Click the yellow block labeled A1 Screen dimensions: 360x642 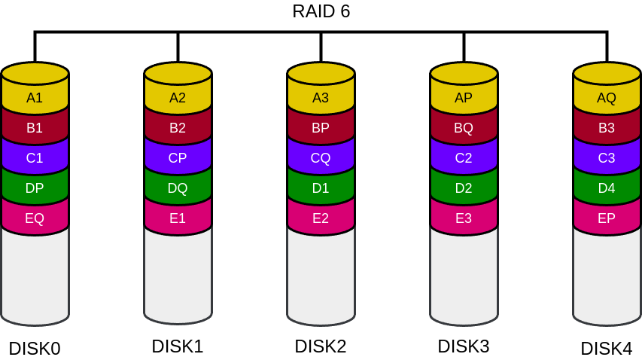point(35,98)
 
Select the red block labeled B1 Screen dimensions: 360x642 point(35,128)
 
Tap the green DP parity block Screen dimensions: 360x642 point(35,188)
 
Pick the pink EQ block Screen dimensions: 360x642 point(35,218)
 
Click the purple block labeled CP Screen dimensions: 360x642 point(178,158)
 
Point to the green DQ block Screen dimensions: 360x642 point(178,188)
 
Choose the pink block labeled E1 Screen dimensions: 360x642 point(178,218)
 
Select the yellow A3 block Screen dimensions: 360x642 point(321,98)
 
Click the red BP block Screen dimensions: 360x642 point(321,128)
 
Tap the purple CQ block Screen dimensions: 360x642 point(321,158)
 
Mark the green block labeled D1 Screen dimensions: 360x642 point(321,188)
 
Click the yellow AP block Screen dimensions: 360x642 point(464,98)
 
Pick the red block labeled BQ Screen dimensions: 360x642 point(464,128)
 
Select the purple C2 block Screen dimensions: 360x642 point(464,158)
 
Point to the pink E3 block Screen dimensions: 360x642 point(464,218)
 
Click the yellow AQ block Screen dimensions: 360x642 point(607,98)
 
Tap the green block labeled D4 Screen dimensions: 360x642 point(607,188)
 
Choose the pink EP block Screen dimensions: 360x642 point(607,218)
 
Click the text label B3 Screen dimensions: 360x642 point(607,128)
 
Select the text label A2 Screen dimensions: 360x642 point(178,98)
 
